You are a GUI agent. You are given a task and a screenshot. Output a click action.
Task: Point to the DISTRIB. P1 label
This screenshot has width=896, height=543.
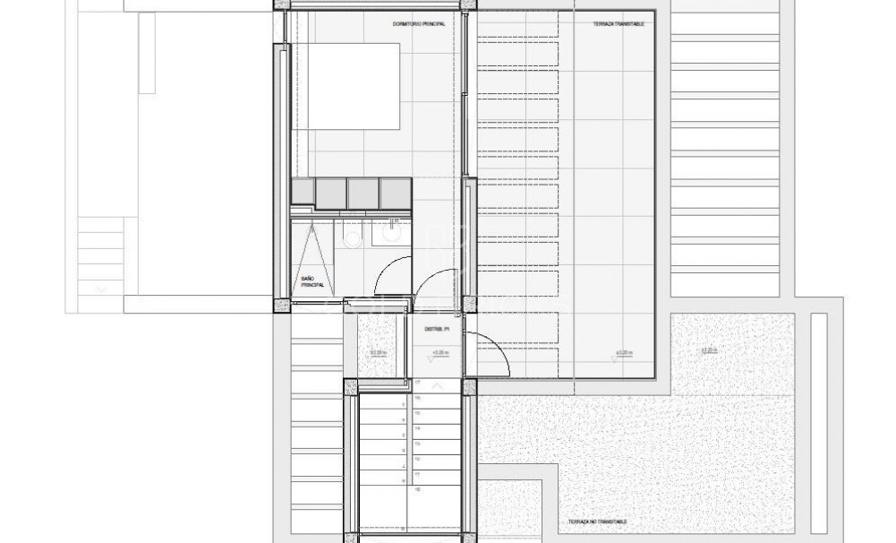pyautogui.click(x=436, y=329)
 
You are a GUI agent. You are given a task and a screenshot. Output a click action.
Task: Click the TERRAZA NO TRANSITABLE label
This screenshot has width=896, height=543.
pyautogui.click(x=596, y=521)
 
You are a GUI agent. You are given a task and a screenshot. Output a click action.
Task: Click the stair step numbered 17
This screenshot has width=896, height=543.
pyautogui.click(x=417, y=383)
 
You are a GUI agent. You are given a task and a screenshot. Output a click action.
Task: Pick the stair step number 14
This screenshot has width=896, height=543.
pyautogui.click(x=417, y=428)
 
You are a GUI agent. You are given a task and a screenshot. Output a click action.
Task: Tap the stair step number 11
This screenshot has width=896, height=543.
pyautogui.click(x=417, y=474)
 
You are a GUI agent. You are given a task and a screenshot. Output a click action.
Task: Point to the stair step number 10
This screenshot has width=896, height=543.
pyautogui.click(x=417, y=489)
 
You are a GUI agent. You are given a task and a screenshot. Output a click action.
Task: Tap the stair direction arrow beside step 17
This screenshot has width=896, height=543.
pyautogui.click(x=437, y=385)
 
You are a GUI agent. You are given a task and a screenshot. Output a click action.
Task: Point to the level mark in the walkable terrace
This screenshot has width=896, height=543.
pyautogui.click(x=624, y=352)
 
